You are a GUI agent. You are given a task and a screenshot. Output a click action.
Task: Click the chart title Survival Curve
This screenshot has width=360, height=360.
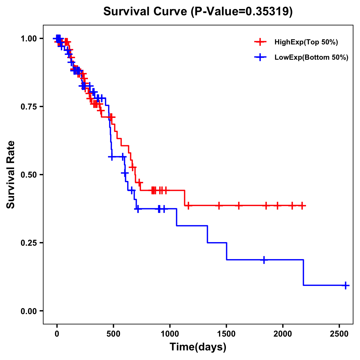[198, 11]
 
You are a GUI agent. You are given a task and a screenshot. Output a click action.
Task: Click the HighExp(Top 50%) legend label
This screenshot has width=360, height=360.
[306, 42]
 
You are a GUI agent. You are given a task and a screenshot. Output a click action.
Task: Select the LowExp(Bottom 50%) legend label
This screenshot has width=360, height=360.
[311, 58]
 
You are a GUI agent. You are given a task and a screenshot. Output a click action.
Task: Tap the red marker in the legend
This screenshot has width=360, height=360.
[260, 42]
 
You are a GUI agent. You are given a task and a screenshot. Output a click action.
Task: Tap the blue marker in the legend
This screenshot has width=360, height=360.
[260, 58]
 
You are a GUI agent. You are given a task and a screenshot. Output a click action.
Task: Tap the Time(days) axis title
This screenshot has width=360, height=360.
[198, 347]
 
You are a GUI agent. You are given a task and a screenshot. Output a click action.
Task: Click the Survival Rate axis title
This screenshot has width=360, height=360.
[11, 174]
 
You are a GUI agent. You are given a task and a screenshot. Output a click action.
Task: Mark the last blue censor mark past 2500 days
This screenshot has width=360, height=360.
[346, 285]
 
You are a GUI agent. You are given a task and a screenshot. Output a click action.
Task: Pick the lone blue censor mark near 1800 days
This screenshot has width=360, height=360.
[264, 260]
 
